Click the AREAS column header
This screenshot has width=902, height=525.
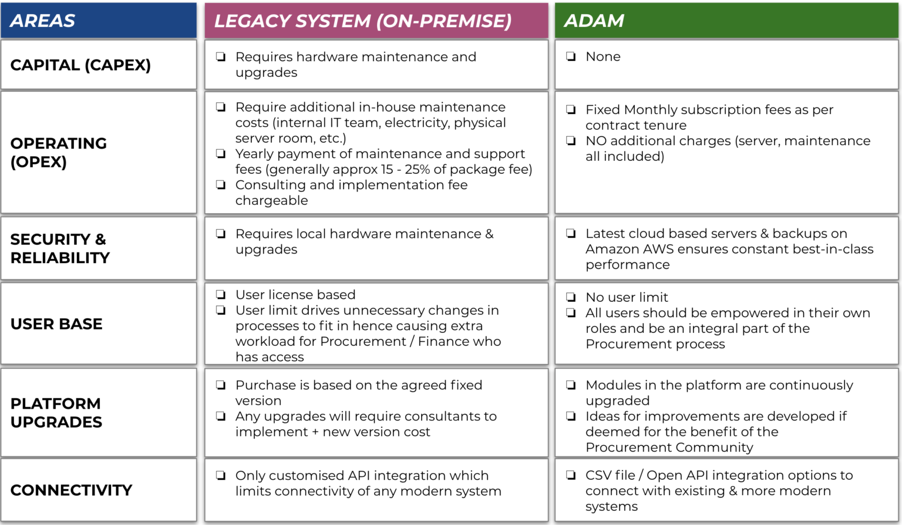[x=43, y=21]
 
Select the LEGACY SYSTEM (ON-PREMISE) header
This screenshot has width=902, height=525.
[x=363, y=21]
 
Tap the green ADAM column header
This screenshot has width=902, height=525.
[x=594, y=21]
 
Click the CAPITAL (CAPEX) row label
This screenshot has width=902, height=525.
[x=80, y=65]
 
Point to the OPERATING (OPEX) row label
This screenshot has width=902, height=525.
[x=59, y=152]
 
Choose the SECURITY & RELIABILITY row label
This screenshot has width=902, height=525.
[x=60, y=248]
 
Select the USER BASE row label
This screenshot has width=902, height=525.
[x=56, y=324]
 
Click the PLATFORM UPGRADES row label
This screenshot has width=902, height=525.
[x=56, y=412]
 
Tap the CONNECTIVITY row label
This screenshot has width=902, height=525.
[x=71, y=490]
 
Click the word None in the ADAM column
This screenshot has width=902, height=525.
[x=603, y=57]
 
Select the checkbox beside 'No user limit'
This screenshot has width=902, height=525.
[x=571, y=297]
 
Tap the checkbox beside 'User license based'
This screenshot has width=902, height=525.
[x=221, y=295]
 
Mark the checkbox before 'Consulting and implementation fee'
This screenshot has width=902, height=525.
[x=221, y=185]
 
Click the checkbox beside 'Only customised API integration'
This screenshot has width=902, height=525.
[x=221, y=476]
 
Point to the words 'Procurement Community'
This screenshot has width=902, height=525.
[x=669, y=447]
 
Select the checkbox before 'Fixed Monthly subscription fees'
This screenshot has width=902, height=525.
[x=571, y=110]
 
